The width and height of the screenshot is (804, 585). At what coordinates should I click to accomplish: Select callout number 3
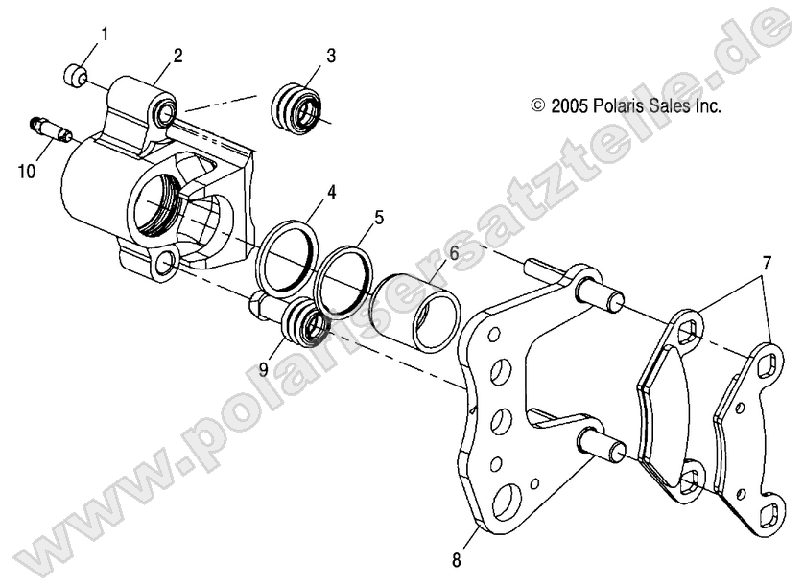coord(330,55)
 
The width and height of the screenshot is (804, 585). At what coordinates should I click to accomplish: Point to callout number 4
coord(330,193)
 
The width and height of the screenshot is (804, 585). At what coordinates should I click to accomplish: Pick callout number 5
coord(378,218)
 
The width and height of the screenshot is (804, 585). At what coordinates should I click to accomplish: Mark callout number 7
coord(767,262)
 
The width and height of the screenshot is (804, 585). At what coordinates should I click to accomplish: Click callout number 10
coord(27,171)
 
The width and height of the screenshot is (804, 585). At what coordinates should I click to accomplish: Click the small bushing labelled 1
coord(74,74)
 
